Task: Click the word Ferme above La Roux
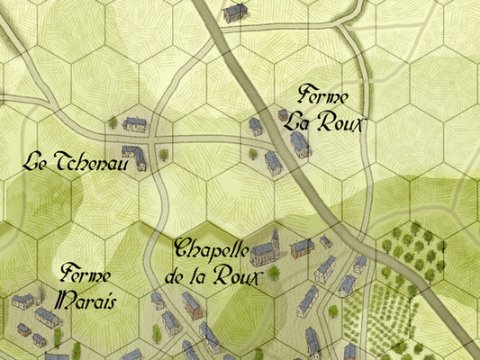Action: pos(322,96)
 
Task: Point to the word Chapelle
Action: pos(213,247)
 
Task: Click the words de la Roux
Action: pos(213,275)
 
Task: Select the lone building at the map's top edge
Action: pos(236,12)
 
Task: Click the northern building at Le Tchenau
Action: pos(135,124)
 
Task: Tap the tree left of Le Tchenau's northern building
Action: pos(113,121)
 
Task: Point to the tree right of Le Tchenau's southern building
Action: pos(164,155)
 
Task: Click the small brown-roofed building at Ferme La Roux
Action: pos(283,114)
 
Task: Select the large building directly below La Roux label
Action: pos(300,144)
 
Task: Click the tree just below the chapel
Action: pos(273,272)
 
